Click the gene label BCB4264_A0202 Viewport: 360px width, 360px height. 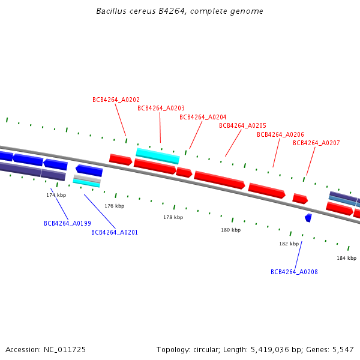[x=116, y=100]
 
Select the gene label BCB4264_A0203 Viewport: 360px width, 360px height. [x=161, y=108]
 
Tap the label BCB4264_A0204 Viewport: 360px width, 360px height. [x=203, y=117]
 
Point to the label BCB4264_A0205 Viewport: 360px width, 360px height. [x=242, y=125]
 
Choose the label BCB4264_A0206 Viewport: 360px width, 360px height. [x=280, y=134]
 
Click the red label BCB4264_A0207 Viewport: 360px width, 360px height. [x=316, y=143]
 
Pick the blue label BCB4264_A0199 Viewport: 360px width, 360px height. [x=67, y=223]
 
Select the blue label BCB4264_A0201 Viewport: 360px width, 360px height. [x=115, y=232]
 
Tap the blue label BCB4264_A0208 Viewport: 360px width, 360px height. [x=294, y=272]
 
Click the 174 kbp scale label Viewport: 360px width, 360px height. [x=56, y=195]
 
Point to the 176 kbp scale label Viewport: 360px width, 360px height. [x=114, y=206]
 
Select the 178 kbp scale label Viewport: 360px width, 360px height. [x=173, y=217]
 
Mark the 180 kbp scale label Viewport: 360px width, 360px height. [x=230, y=230]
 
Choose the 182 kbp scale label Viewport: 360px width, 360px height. [x=289, y=244]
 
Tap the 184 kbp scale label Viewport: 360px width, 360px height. [x=346, y=258]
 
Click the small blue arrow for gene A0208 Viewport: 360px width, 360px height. [x=308, y=218]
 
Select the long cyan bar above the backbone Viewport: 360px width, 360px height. [x=158, y=156]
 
